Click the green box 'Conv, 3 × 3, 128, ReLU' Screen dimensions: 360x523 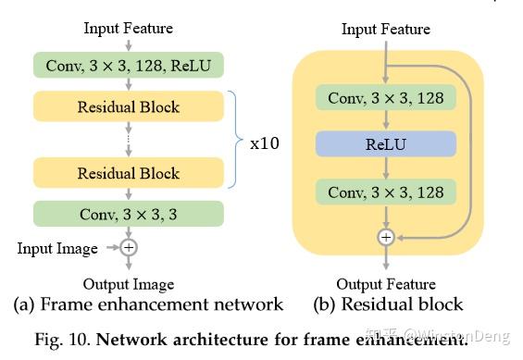pos(129,65)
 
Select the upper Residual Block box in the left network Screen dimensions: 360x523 pos(129,106)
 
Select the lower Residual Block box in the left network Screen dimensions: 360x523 pos(129,173)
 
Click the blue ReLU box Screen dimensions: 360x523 pos(386,144)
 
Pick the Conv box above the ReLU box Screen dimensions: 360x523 pos(386,98)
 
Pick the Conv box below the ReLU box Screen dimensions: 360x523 pos(386,192)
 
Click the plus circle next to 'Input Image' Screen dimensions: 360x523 pos(129,248)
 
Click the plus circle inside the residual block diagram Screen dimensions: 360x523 pos(386,237)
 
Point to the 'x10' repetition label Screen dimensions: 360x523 pos(265,143)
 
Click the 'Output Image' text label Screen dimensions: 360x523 pos(129,284)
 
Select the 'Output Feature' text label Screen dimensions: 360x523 pos(386,284)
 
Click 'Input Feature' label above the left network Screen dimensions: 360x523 pos(129,29)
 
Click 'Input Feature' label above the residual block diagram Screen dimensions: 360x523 pos(386,29)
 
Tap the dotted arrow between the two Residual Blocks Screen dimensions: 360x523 pos(129,140)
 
